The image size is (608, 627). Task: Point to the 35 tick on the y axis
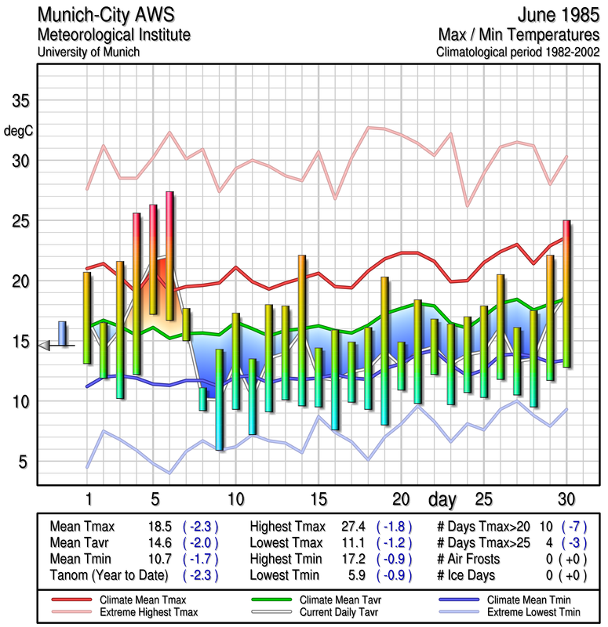point(20,102)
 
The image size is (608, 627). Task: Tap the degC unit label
point(19,130)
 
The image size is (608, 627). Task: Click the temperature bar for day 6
point(169,256)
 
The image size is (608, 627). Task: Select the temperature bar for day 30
point(566,294)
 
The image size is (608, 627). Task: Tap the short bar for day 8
point(202,398)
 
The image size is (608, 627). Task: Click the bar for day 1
point(87,317)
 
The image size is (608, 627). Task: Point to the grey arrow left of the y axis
point(44,345)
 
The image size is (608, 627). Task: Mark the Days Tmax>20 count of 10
point(545,527)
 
